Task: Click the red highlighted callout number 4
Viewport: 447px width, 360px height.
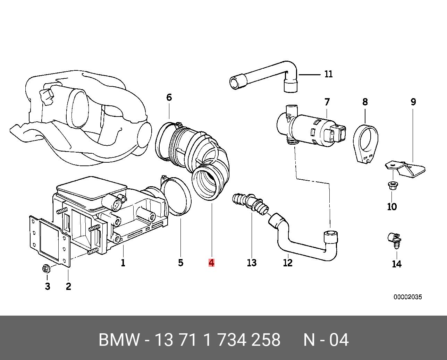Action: pos(211,263)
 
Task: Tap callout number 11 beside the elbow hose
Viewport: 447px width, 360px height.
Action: pos(328,74)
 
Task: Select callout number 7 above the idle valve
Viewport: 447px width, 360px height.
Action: pos(327,102)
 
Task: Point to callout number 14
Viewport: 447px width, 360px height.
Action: pos(397,264)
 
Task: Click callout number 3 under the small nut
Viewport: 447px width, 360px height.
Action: pos(48,286)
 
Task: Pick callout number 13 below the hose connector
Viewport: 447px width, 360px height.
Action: pos(252,263)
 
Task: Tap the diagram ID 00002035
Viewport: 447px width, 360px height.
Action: pos(408,297)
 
